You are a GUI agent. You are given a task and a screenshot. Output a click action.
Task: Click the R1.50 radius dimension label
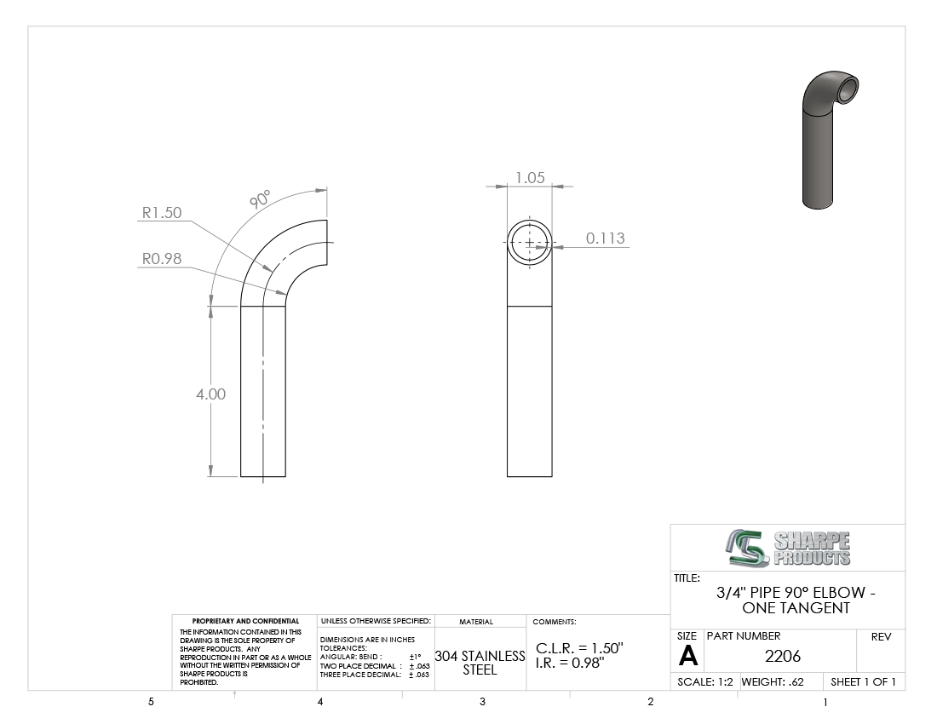pyautogui.click(x=161, y=213)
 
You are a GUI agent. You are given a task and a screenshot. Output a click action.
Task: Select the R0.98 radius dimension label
pyautogui.click(x=161, y=259)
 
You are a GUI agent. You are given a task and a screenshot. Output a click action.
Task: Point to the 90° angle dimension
pyautogui.click(x=260, y=199)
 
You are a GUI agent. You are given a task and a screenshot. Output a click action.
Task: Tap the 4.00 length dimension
pyautogui.click(x=211, y=394)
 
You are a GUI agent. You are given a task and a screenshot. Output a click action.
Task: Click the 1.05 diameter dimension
pyautogui.click(x=530, y=177)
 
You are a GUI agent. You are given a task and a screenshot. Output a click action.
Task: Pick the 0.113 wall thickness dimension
pyautogui.click(x=606, y=238)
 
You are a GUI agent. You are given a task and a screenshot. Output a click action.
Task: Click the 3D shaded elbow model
pyautogui.click(x=830, y=141)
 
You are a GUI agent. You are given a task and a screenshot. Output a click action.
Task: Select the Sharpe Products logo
pyautogui.click(x=788, y=548)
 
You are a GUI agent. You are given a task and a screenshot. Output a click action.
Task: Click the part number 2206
pyautogui.click(x=782, y=657)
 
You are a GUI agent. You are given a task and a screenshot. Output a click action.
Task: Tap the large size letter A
pyautogui.click(x=687, y=657)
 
